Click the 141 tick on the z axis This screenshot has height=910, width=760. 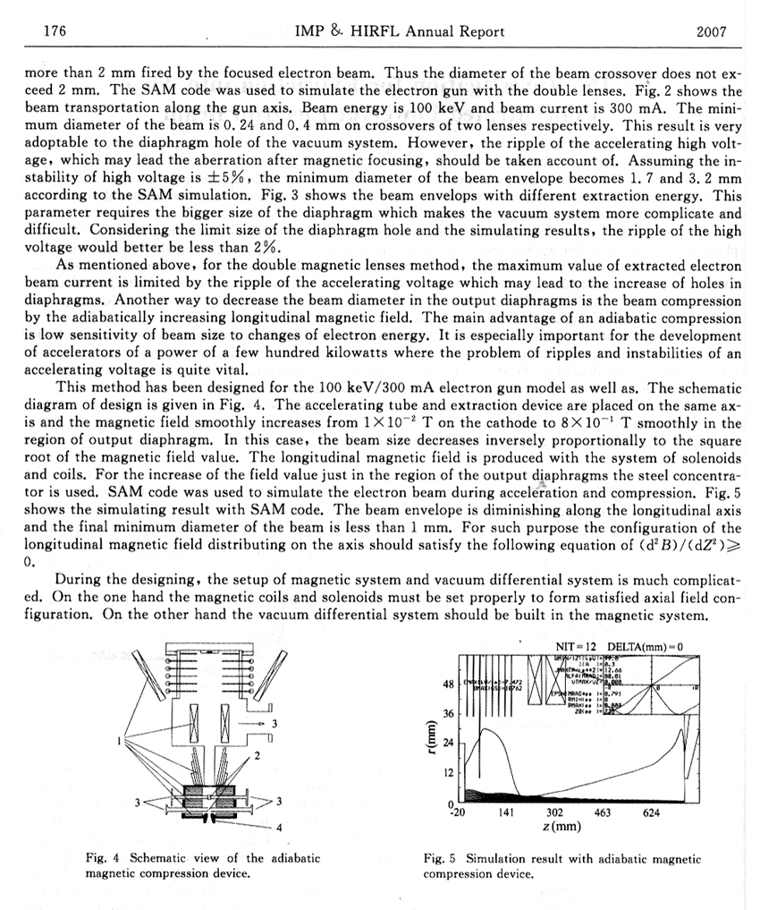504,812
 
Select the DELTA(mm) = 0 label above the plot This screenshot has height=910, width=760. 645,646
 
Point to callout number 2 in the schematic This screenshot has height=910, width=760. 257,757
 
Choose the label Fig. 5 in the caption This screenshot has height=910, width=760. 438,858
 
